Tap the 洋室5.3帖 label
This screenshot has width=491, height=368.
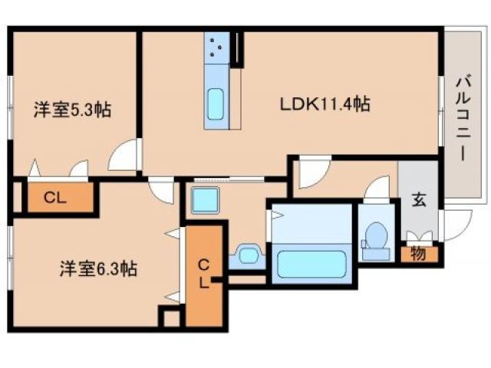(72, 110)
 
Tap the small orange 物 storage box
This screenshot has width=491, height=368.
(419, 253)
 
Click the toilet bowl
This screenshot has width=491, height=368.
(375, 236)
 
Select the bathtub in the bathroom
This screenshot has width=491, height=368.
(311, 261)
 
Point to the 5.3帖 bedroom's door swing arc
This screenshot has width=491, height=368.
(123, 158)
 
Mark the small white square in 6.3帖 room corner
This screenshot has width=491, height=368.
(169, 316)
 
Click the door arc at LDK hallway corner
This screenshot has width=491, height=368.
(313, 172)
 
